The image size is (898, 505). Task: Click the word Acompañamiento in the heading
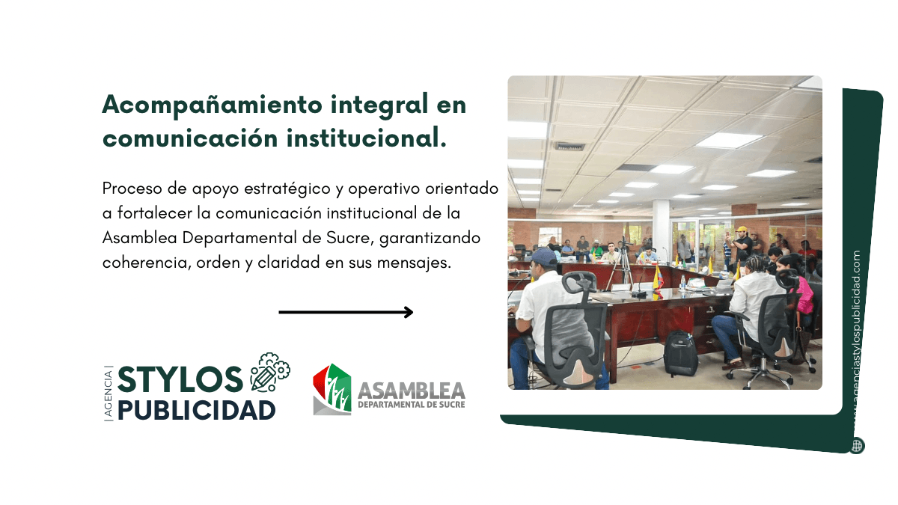[213, 105]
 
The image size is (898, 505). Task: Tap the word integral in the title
[379, 104]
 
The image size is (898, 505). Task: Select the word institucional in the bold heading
[367, 138]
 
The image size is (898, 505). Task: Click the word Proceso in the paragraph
[132, 189]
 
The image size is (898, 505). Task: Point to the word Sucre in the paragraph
[350, 238]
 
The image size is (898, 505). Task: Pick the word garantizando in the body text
[430, 239]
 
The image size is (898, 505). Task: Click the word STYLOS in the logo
[180, 379]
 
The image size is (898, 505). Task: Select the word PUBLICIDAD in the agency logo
[196, 411]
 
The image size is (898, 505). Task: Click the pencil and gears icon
[270, 373]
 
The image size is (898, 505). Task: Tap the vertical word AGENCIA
[109, 394]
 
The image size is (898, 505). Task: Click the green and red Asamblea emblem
[332, 389]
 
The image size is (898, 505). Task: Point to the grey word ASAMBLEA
[412, 391]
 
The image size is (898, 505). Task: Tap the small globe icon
[857, 446]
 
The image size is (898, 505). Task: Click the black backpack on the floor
[680, 353]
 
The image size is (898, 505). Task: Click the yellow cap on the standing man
[742, 229]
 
